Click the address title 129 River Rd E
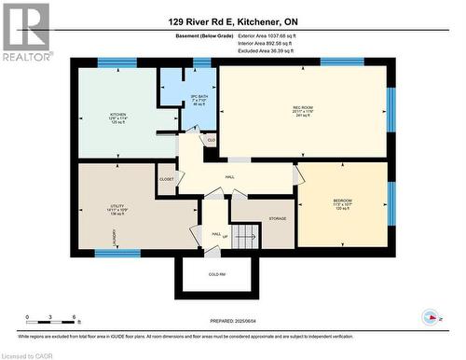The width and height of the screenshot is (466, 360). coord(232,21)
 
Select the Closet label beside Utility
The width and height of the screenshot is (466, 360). coord(167,177)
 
